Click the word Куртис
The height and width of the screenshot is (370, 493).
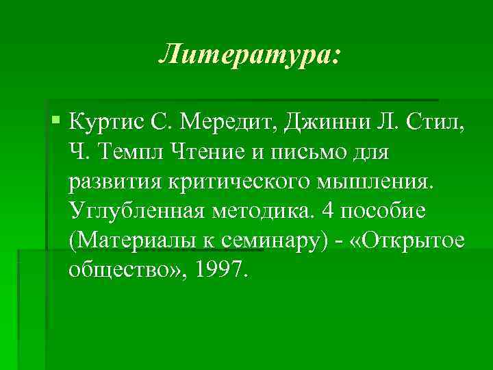109,125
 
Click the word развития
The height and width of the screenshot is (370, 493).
118,184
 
